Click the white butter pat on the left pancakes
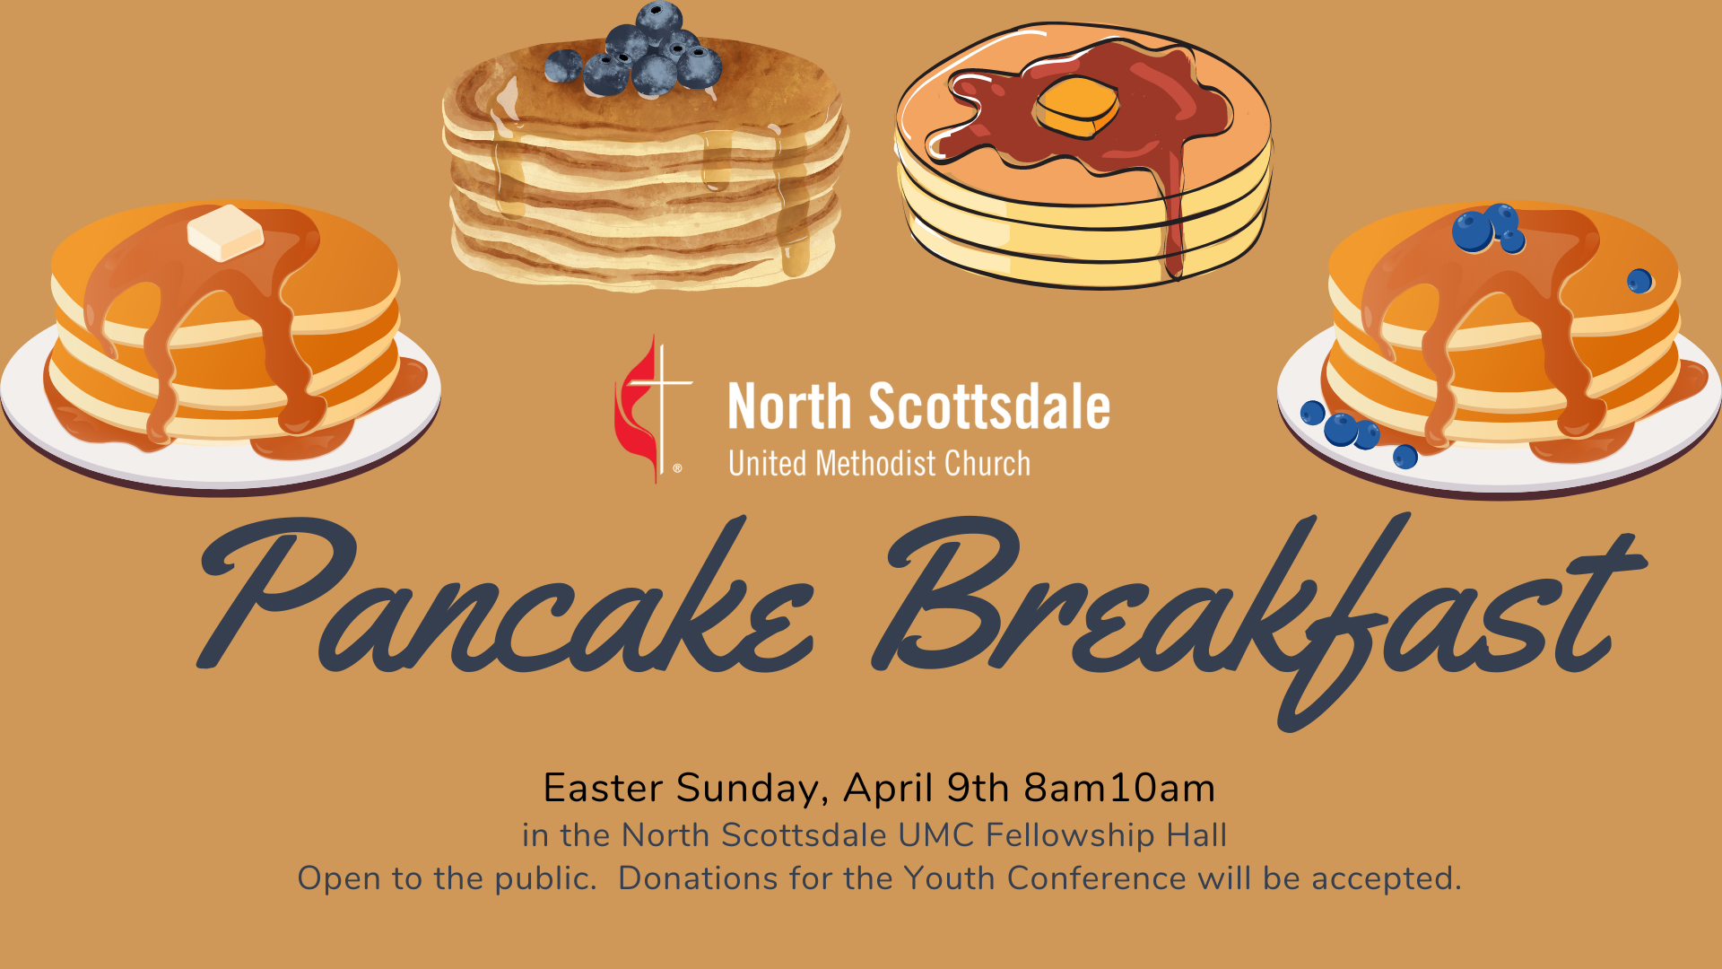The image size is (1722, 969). pos(225,232)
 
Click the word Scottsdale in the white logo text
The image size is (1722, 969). pos(989,406)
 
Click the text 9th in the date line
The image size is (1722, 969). pos(978,788)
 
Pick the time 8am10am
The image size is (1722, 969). pos(1119,788)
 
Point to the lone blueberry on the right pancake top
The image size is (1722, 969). pos(1639,281)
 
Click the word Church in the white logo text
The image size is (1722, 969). pos(987,464)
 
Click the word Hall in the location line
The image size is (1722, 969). pos(1196,835)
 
